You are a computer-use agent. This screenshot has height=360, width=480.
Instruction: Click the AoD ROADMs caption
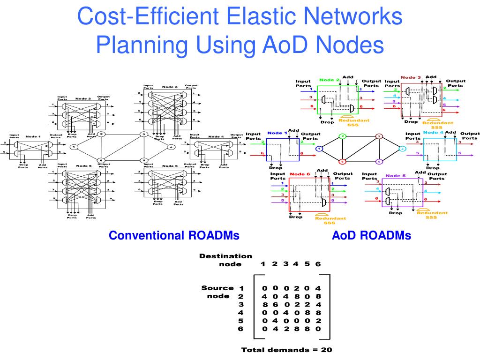[371, 236]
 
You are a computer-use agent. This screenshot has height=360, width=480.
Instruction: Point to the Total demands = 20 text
[287, 350]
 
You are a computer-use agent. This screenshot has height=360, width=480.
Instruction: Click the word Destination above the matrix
[225, 256]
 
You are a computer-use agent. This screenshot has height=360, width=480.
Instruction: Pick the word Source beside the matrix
[217, 288]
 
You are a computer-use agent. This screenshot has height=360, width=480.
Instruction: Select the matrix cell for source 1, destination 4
[296, 288]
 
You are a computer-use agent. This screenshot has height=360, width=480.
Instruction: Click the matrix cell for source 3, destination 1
[265, 305]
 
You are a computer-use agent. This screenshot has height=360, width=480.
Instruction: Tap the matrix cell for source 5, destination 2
[276, 321]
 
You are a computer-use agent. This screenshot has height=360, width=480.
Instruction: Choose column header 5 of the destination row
[307, 264]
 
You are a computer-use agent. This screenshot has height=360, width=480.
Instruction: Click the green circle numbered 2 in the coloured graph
[343, 136]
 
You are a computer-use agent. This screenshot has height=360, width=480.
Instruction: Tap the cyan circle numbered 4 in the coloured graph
[402, 149]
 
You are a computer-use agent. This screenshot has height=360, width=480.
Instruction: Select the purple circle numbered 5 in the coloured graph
[379, 162]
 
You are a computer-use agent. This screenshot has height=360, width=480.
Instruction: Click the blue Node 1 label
[277, 133]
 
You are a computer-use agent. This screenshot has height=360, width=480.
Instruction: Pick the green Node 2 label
[329, 80]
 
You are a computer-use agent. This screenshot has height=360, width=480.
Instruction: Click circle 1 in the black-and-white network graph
[74, 147]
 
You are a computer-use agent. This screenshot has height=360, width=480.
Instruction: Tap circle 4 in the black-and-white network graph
[172, 147]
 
